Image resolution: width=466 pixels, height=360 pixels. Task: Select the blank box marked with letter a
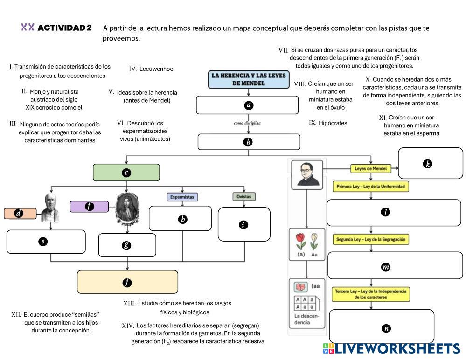click(x=247, y=105)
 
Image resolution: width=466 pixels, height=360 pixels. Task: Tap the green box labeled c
click(x=126, y=173)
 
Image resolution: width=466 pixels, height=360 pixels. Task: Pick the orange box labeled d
click(x=20, y=214)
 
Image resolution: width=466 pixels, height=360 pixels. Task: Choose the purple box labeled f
click(x=89, y=207)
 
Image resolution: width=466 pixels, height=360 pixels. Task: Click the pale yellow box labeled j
click(x=127, y=282)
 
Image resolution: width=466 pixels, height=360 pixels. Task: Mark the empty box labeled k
click(x=430, y=163)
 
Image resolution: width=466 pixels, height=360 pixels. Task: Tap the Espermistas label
click(x=182, y=197)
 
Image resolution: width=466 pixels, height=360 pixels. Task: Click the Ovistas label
click(x=243, y=197)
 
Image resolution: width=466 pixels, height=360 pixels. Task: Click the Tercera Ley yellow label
click(x=371, y=294)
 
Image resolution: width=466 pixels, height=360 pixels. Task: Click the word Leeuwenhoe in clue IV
click(x=156, y=69)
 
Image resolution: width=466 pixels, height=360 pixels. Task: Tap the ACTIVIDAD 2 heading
click(x=64, y=28)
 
